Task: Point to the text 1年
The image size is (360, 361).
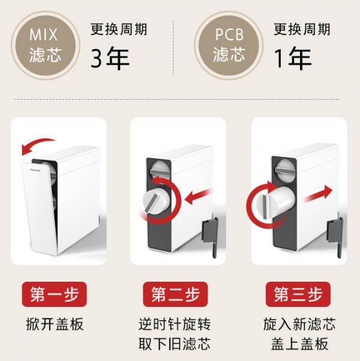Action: pyautogui.click(x=293, y=58)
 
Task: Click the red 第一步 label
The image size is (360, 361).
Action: pyautogui.click(x=55, y=294)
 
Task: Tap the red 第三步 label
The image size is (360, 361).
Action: pyautogui.click(x=297, y=294)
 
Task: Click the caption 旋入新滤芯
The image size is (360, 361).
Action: pyautogui.click(x=297, y=324)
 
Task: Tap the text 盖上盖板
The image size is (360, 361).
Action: pyautogui.click(x=297, y=344)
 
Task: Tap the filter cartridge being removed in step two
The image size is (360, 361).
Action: pyautogui.click(x=158, y=201)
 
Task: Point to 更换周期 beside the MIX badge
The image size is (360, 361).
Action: pyautogui.click(x=119, y=29)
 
